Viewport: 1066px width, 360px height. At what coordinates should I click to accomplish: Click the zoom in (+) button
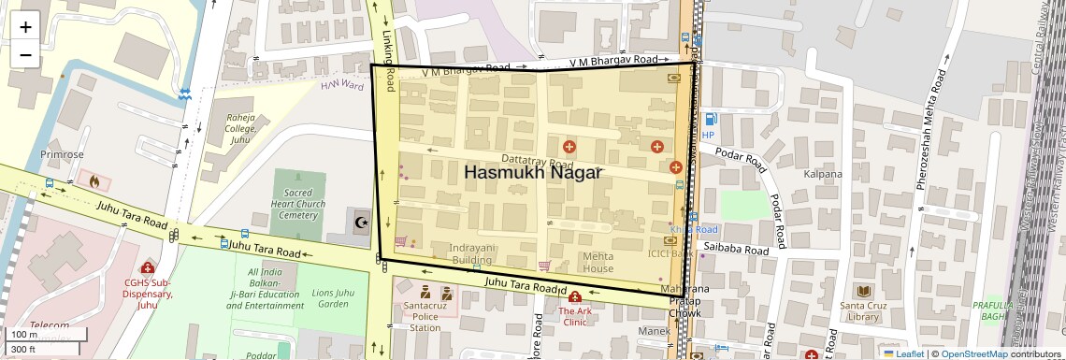coord(25,27)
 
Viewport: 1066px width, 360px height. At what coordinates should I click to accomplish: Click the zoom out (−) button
coord(25,55)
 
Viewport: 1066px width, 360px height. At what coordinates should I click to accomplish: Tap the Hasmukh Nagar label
coord(533,173)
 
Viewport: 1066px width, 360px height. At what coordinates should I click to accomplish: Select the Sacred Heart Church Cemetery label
coord(298,204)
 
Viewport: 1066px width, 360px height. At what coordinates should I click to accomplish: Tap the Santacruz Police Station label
coord(425,316)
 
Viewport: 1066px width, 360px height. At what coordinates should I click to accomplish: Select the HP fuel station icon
coord(710,120)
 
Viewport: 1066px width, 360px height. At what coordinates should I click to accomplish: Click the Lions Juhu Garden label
coord(334,298)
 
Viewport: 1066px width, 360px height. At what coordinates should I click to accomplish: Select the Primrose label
coord(62,154)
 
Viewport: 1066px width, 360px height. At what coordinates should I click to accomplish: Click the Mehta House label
coord(598,262)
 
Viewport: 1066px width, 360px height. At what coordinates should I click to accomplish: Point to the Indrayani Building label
coord(472,253)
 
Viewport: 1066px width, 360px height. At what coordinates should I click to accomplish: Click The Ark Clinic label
coord(575,316)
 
